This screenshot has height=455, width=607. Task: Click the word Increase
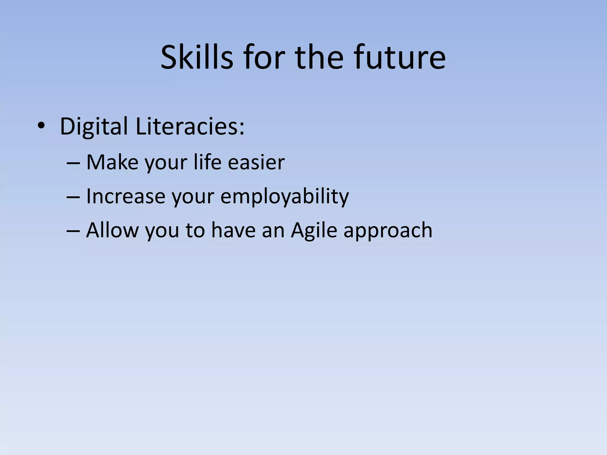click(x=125, y=196)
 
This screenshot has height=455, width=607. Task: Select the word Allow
click(x=112, y=230)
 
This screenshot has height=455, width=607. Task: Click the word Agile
click(x=314, y=230)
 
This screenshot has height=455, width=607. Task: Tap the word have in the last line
click(x=233, y=230)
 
